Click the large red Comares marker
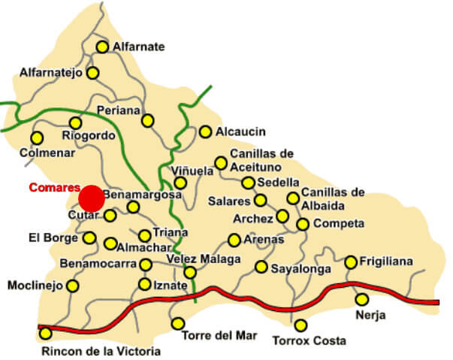(92, 198)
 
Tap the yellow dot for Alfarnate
(102, 47)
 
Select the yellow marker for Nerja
(361, 299)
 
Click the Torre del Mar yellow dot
(178, 324)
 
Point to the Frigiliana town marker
(351, 262)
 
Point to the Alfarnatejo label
(50, 73)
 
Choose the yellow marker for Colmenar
(36, 138)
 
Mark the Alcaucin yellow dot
(205, 132)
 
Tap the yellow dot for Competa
(303, 224)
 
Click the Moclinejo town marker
(72, 286)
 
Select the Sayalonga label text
(300, 267)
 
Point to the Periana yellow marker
(148, 120)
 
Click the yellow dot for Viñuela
(180, 183)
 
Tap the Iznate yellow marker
(145, 284)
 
